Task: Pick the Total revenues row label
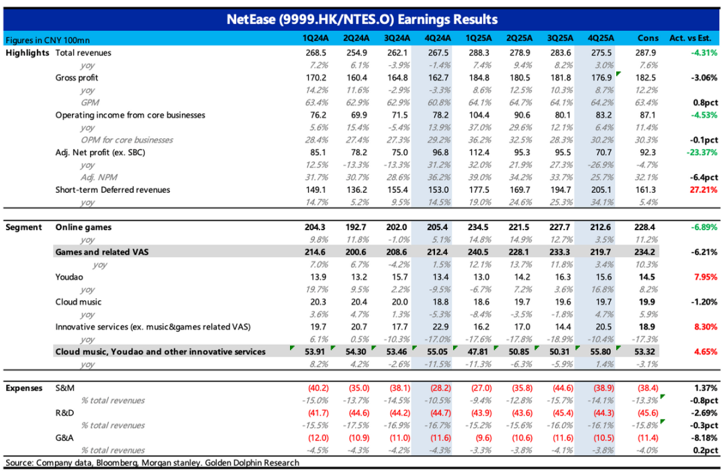(x=83, y=52)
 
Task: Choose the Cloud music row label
(x=79, y=301)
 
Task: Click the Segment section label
(x=24, y=227)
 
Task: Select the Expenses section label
(x=26, y=388)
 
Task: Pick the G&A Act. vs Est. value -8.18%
(x=704, y=438)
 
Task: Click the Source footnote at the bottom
(x=152, y=463)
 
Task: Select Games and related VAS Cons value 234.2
(x=648, y=252)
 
